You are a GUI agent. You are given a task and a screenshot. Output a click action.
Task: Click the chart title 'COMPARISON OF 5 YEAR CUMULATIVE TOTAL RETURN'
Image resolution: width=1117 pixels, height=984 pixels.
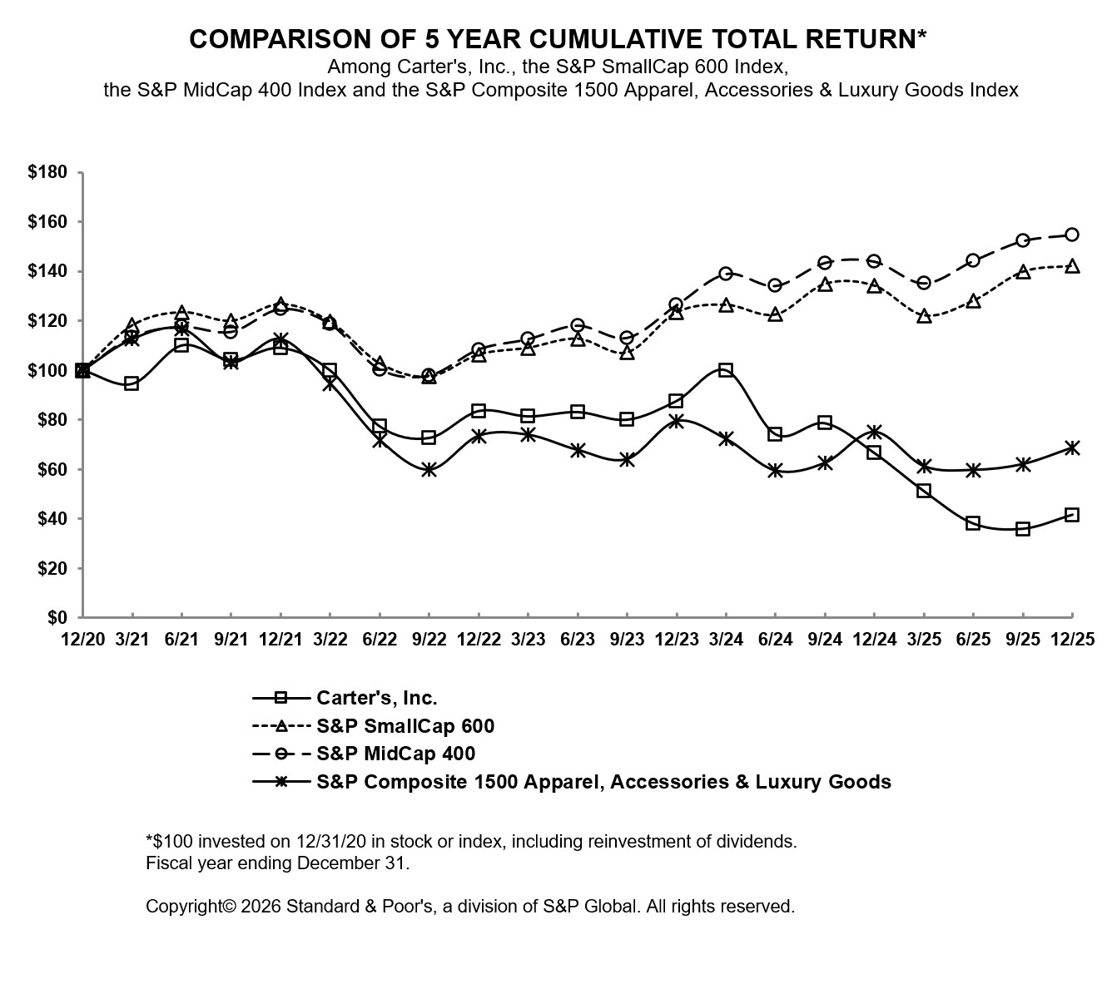point(558,39)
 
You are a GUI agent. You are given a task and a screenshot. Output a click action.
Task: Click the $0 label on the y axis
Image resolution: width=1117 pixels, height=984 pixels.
point(57,617)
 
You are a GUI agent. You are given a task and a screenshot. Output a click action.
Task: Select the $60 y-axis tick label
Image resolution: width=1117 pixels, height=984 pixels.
point(52,469)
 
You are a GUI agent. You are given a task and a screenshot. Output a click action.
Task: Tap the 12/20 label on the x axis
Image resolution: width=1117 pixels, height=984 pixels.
point(82,639)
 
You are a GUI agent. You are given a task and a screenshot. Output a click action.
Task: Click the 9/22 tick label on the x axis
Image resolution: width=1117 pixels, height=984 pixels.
point(429,639)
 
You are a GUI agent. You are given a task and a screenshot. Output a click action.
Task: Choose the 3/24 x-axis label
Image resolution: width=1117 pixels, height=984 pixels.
point(726,639)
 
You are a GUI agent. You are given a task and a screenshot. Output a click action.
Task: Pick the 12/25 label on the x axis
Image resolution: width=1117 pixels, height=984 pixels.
point(1072,639)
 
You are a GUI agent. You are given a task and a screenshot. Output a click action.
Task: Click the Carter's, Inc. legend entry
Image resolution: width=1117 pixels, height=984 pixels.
point(376,698)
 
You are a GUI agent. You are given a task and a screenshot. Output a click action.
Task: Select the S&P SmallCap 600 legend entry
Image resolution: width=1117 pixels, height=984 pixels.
point(405,726)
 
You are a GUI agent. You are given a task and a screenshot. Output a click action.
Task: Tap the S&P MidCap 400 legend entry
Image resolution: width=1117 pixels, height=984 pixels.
point(395,754)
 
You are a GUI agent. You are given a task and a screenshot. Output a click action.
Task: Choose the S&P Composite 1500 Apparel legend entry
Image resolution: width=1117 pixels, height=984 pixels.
point(603,782)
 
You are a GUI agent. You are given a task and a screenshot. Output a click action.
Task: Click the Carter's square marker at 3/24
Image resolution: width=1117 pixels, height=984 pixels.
point(726,370)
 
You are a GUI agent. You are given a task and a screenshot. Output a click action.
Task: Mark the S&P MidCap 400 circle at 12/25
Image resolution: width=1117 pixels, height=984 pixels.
point(1072,235)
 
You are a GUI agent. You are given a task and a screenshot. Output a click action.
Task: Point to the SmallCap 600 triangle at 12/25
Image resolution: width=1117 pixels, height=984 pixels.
point(1072,266)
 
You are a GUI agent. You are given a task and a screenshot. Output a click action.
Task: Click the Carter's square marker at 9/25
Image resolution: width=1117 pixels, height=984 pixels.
point(1023,529)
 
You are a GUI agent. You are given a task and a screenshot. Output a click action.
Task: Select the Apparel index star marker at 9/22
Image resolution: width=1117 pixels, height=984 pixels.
point(429,470)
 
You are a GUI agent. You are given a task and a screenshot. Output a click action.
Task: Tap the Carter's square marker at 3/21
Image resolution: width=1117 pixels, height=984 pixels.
point(132,383)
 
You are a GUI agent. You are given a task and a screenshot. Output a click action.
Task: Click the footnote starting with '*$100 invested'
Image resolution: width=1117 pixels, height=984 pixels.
point(471,841)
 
